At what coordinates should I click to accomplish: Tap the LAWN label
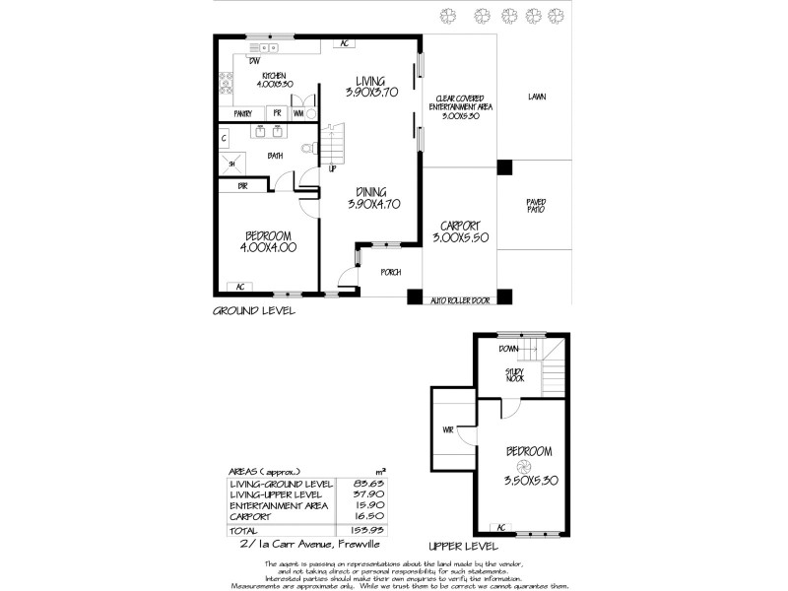[536, 97]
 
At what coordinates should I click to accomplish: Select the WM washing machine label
[297, 114]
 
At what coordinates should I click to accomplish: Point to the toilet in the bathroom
[307, 149]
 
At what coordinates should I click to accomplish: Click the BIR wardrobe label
[240, 185]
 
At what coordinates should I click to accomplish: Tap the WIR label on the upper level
[448, 429]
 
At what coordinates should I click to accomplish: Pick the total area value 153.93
[365, 530]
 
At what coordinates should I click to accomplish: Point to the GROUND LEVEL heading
[254, 310]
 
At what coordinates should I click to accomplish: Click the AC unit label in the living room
[345, 43]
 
